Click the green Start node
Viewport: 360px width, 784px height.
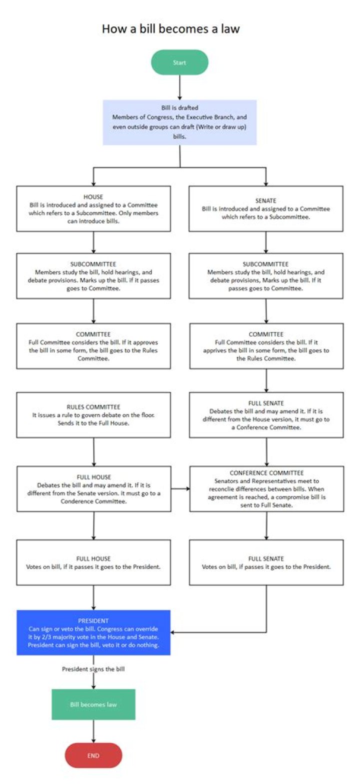(x=179, y=62)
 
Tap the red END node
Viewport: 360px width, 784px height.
(x=93, y=755)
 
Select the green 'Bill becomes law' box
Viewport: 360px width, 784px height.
(x=93, y=704)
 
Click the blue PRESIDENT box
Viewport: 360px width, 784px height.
(x=93, y=632)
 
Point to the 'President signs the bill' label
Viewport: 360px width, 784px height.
(x=93, y=668)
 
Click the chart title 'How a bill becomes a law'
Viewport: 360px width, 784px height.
(x=170, y=28)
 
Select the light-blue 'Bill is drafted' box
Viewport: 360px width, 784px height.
(x=179, y=122)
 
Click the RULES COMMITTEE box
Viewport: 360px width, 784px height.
(x=93, y=414)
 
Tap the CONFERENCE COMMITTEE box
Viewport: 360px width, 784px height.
(x=266, y=488)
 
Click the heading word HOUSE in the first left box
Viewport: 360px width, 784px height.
(x=93, y=197)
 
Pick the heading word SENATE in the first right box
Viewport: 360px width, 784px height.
(x=266, y=200)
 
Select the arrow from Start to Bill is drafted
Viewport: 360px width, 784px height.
(x=179, y=87)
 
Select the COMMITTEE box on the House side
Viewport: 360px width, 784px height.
(x=93, y=346)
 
